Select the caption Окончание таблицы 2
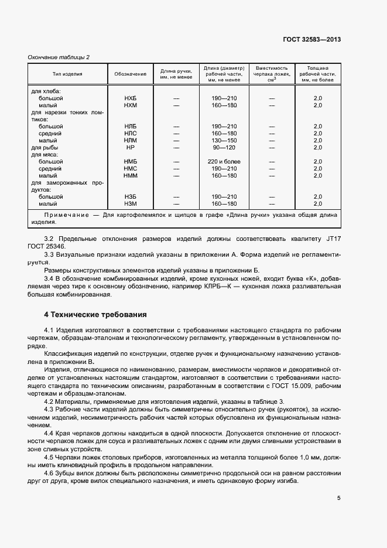[59, 56]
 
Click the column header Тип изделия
[67, 74]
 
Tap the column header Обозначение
[130, 74]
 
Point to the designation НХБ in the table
[130, 98]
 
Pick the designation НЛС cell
[130, 134]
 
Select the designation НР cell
[130, 148]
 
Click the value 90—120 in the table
[224, 148]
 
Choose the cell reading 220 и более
[224, 162]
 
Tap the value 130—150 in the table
[224, 141]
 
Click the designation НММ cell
[130, 176]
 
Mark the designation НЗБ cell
[130, 197]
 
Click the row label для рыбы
[44, 148]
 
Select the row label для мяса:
[44, 155]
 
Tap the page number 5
[338, 498]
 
